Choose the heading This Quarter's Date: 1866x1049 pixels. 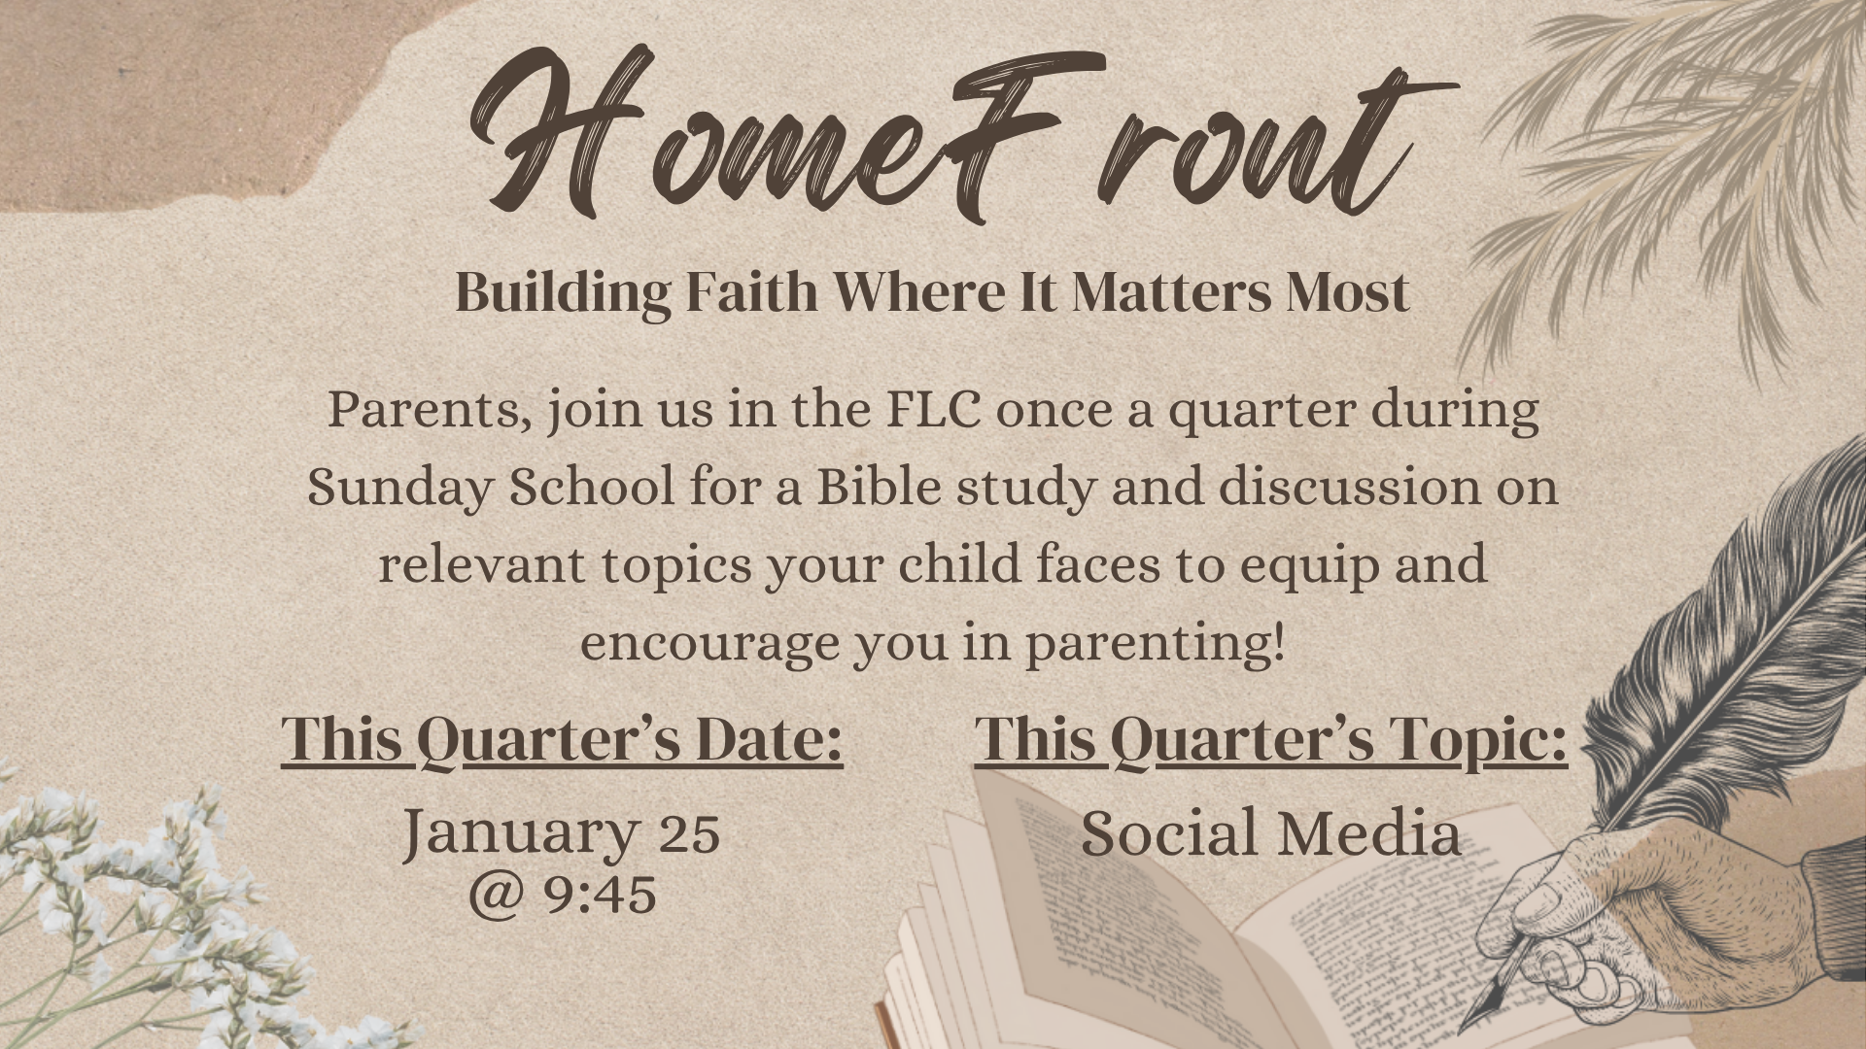click(562, 741)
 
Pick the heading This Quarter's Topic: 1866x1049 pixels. click(1271, 741)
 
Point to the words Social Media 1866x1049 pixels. click(1271, 833)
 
